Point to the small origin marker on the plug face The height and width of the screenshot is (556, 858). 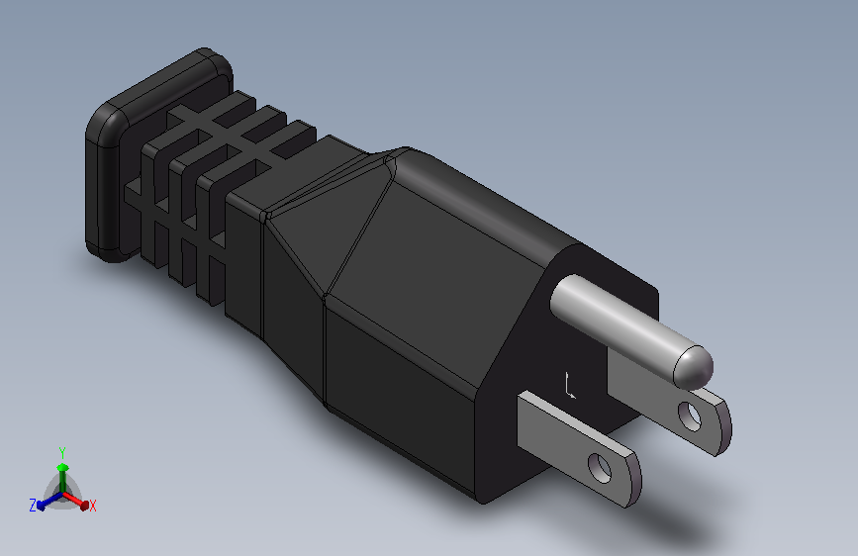569,387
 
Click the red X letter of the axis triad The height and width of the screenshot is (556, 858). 92,506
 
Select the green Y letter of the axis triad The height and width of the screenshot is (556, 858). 61,450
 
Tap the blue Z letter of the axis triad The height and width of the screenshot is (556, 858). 33,505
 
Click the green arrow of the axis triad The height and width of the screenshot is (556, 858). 61,469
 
